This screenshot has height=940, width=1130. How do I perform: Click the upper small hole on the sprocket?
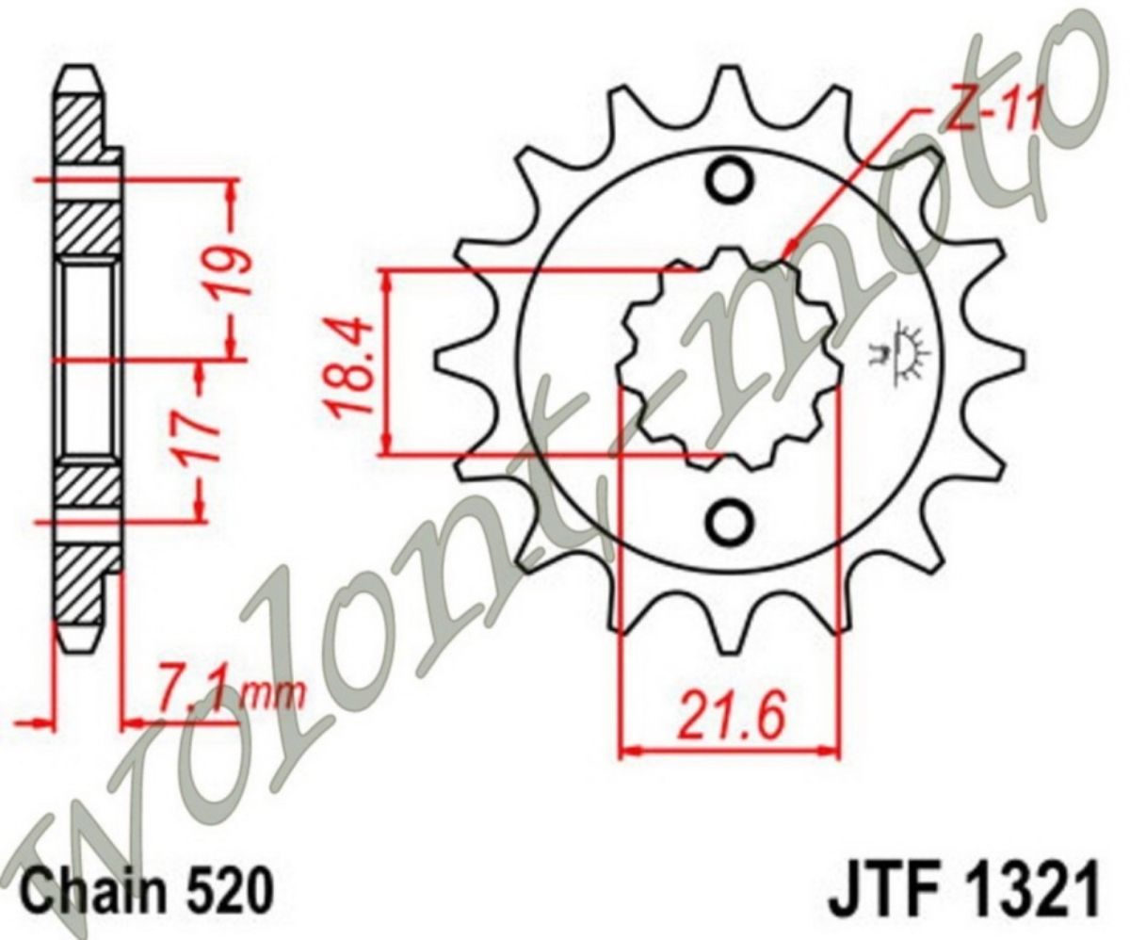click(x=729, y=182)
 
